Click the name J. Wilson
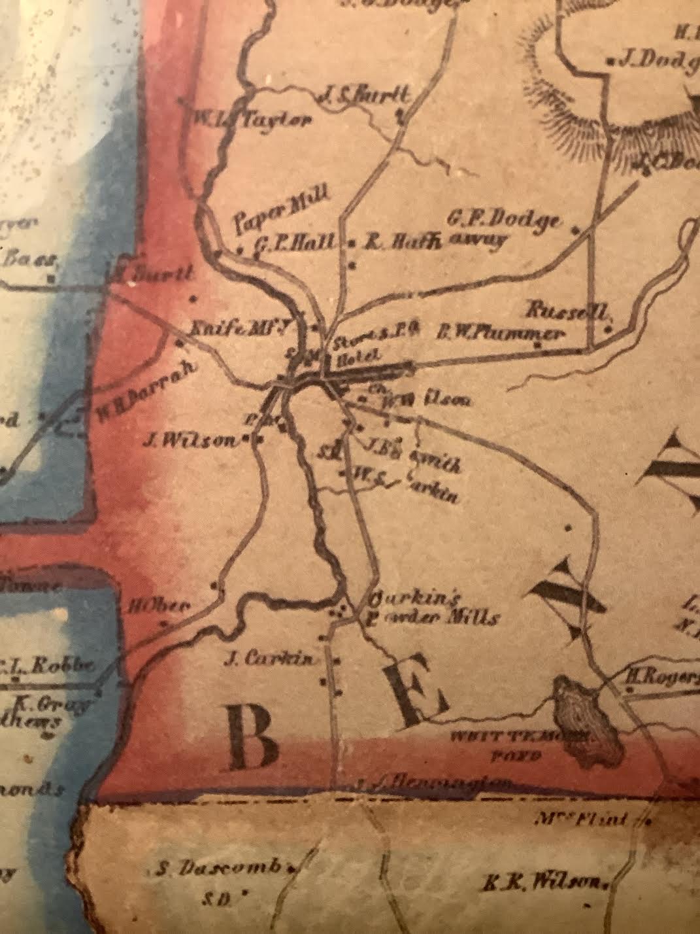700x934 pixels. [190, 441]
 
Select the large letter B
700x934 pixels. [254, 739]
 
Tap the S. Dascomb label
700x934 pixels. [220, 869]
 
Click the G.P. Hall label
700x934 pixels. [295, 243]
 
